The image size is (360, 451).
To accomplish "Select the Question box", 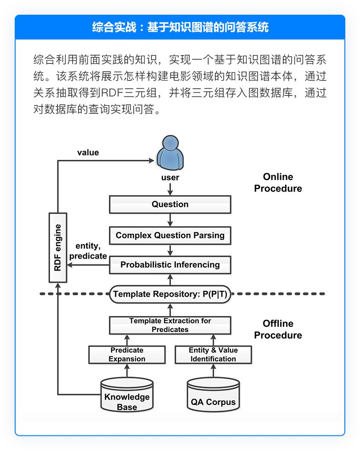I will click(170, 204).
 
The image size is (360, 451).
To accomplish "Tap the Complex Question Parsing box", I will click(170, 235).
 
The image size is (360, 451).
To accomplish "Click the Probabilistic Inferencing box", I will click(170, 265).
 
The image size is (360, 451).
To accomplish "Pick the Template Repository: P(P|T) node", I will click(170, 294).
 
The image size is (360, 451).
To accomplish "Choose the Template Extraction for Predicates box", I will click(170, 325).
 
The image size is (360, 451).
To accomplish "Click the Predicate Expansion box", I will click(127, 354).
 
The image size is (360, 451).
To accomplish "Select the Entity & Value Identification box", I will click(213, 354).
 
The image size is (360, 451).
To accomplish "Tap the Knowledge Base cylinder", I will click(127, 396).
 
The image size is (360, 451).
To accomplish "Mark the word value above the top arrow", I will click(88, 152).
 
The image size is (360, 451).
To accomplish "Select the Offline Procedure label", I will click(278, 329).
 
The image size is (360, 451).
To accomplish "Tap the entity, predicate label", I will click(88, 251).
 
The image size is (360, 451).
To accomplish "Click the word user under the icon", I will click(170, 177).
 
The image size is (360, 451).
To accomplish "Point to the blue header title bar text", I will click(180, 27).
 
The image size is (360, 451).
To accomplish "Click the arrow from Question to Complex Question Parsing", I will click(170, 220).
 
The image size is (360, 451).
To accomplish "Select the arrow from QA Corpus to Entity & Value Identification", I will click(213, 371).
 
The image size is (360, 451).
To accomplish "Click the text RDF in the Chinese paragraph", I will click(112, 93).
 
